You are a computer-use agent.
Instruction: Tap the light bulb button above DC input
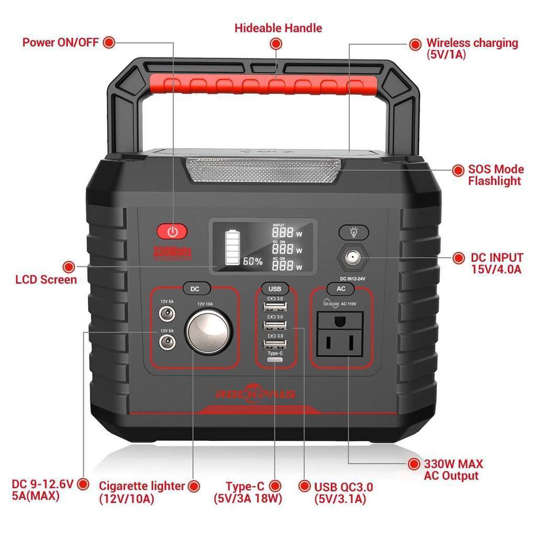353,232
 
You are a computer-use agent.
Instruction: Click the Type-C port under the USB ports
275,360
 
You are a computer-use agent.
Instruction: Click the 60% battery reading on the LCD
252,261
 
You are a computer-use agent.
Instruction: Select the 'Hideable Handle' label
278,28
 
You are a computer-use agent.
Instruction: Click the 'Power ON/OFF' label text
60,42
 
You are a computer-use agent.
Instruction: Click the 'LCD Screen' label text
46,279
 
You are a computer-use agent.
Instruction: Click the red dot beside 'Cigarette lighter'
195,486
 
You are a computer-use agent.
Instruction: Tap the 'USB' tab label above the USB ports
275,289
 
